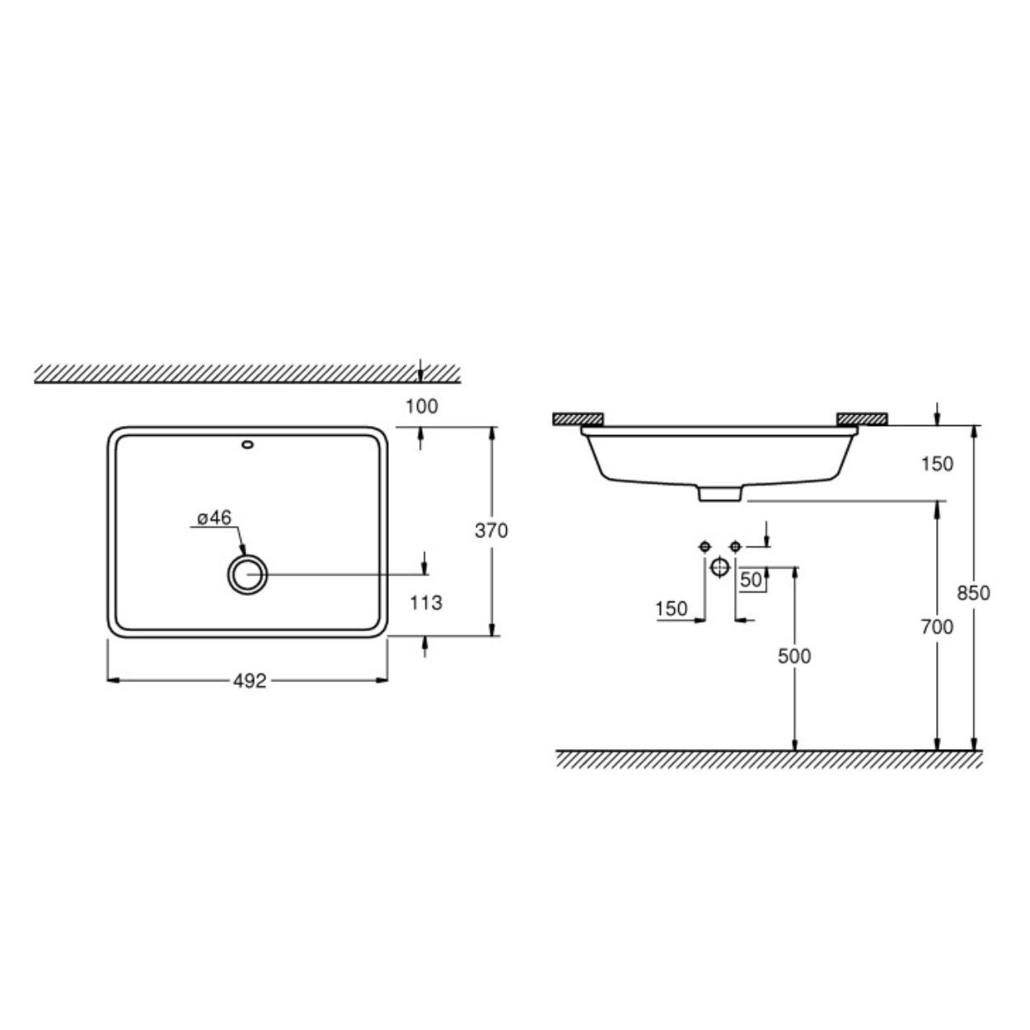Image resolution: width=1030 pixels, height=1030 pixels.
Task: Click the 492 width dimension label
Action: (250, 681)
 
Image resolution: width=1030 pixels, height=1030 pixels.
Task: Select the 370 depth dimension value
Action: (491, 531)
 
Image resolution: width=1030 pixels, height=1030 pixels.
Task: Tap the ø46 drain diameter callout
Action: (213, 517)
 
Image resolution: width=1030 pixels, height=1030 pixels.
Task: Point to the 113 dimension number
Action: (426, 603)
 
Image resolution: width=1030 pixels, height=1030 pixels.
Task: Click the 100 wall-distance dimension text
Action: (422, 406)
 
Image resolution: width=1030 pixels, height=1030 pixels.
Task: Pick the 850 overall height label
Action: (973, 592)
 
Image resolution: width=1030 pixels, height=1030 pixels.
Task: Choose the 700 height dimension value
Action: (937, 626)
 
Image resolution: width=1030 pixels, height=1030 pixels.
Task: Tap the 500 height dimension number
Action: (794, 656)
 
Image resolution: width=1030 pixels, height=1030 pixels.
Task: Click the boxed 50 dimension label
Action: (751, 579)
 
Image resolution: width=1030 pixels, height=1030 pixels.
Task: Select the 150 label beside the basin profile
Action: (937, 464)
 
